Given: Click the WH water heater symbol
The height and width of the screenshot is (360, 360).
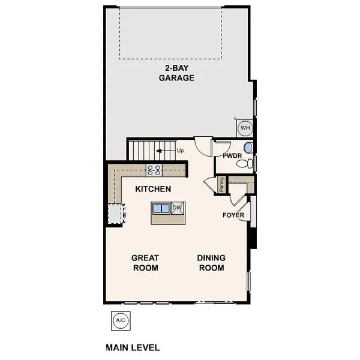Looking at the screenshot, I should [245, 128].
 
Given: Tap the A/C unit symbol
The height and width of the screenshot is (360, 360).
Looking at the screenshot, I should [121, 320].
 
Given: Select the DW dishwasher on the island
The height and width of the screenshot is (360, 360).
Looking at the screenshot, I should [177, 208].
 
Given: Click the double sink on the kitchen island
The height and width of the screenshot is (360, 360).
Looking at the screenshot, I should [161, 208].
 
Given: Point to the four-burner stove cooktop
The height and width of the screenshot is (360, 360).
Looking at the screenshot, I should [154, 170].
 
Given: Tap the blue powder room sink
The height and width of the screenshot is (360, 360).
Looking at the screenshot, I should [248, 148].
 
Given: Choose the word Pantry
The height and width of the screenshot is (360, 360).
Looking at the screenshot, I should [221, 184].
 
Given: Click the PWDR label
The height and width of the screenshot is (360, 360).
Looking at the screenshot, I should [232, 156].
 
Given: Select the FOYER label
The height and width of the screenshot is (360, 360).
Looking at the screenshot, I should [233, 215].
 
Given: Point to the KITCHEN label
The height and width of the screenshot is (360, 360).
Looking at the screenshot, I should [153, 189].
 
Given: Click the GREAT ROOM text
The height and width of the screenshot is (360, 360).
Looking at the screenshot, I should [145, 263].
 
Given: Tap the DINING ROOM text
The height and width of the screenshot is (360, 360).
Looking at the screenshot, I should [211, 263].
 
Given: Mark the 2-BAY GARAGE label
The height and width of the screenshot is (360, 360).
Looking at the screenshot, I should [176, 73].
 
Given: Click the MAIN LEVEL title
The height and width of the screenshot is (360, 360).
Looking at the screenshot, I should [133, 347].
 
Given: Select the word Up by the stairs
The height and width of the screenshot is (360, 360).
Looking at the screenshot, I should [180, 150].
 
